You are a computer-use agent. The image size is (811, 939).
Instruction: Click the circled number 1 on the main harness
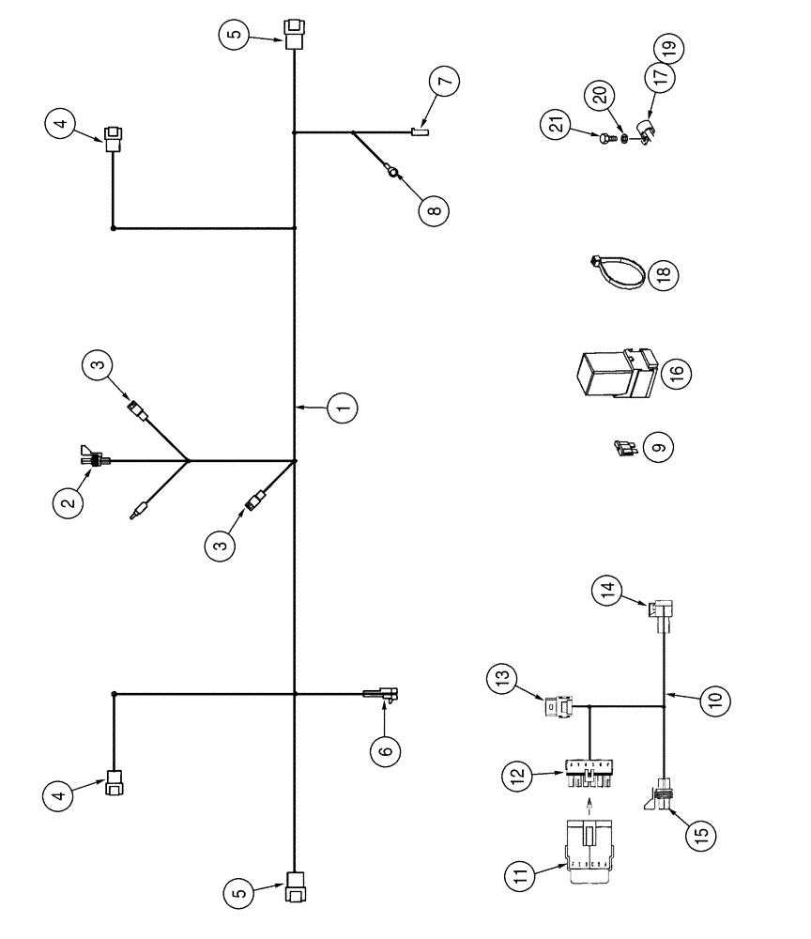click(x=343, y=408)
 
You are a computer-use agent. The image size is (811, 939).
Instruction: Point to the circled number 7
click(x=445, y=81)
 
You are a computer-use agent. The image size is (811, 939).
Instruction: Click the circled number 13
click(x=500, y=679)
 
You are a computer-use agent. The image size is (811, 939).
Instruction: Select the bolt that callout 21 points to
click(x=605, y=139)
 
